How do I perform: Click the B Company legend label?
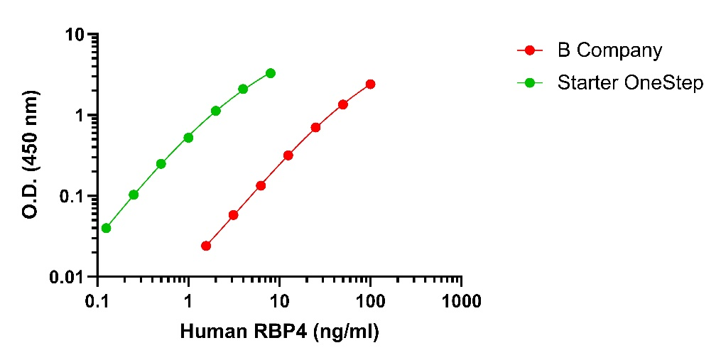pos(609,50)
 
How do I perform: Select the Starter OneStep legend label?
pos(630,83)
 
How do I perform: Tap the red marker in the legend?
pos(530,50)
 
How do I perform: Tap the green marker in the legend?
pos(530,83)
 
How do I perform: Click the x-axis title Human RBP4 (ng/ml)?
pos(280,331)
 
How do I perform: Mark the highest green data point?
pos(271,73)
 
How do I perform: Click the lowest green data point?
pos(106,228)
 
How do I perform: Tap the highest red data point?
pos(370,84)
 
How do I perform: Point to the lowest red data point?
pos(206,246)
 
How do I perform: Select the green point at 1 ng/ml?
pos(188,137)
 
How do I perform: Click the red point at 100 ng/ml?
pos(370,84)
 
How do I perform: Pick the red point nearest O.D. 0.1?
pos(261,185)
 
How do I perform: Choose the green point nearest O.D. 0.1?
pos(134,195)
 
